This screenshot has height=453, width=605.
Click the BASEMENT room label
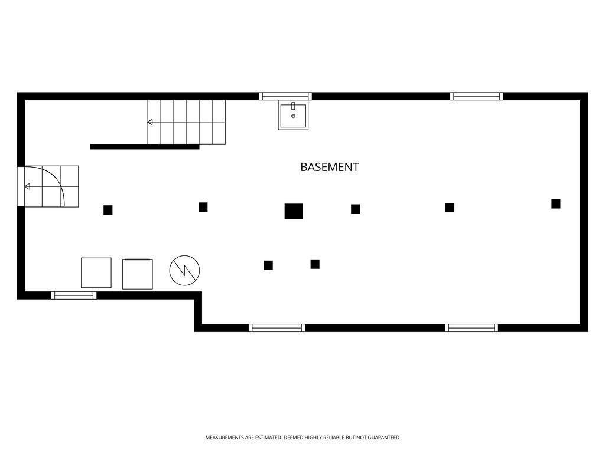click(x=330, y=167)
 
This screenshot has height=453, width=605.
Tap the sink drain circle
click(x=293, y=116)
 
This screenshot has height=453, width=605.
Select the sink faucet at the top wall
click(x=293, y=106)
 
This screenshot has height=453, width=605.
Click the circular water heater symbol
click(x=184, y=270)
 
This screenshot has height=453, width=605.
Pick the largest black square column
click(x=293, y=211)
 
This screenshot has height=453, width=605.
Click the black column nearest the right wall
click(x=555, y=203)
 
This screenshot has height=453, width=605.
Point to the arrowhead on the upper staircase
click(x=149, y=122)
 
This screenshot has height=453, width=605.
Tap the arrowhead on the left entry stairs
click(x=27, y=186)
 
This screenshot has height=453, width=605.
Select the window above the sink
click(x=285, y=96)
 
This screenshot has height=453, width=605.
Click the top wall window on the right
click(x=477, y=96)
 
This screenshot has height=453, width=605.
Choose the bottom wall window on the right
click(x=471, y=328)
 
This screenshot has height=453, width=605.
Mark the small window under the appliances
click(x=74, y=296)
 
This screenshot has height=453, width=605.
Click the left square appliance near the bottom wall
click(x=96, y=273)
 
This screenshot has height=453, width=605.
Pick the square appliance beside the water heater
click(x=137, y=274)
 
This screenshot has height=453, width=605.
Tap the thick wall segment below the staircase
click(x=145, y=147)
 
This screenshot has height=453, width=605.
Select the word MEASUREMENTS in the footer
click(x=225, y=438)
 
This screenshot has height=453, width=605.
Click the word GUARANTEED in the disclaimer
click(x=383, y=438)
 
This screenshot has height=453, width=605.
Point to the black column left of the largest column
click(x=203, y=207)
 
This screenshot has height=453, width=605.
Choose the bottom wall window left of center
click(x=277, y=328)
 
